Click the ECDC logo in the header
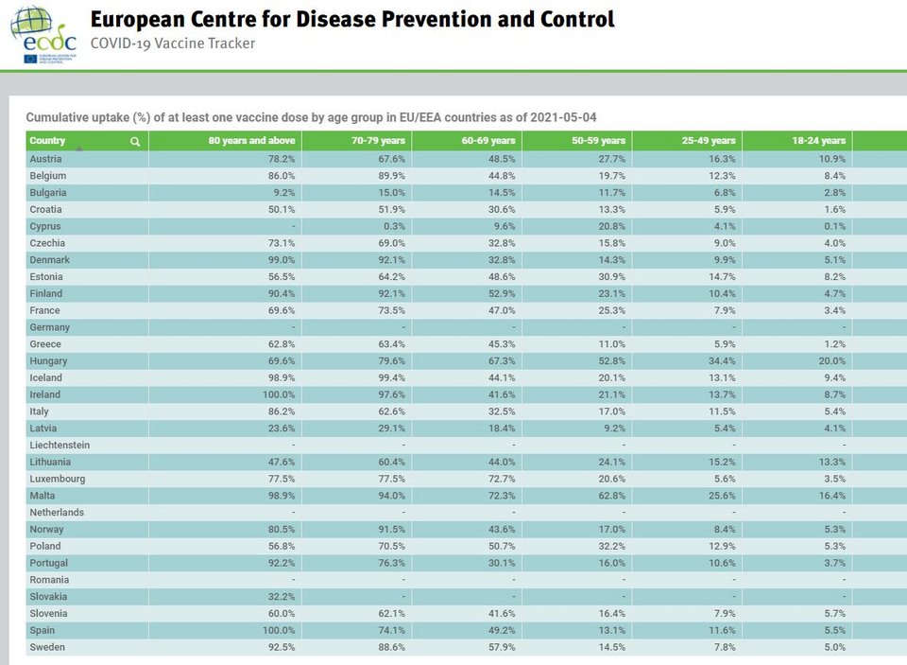click(x=43, y=34)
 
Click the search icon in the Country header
click(x=135, y=142)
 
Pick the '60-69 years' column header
click(x=488, y=141)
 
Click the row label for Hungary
click(x=48, y=361)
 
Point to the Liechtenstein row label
click(x=60, y=446)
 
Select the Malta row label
click(x=43, y=496)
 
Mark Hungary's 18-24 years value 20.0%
click(x=830, y=361)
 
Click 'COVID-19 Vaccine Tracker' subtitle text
click(x=173, y=44)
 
